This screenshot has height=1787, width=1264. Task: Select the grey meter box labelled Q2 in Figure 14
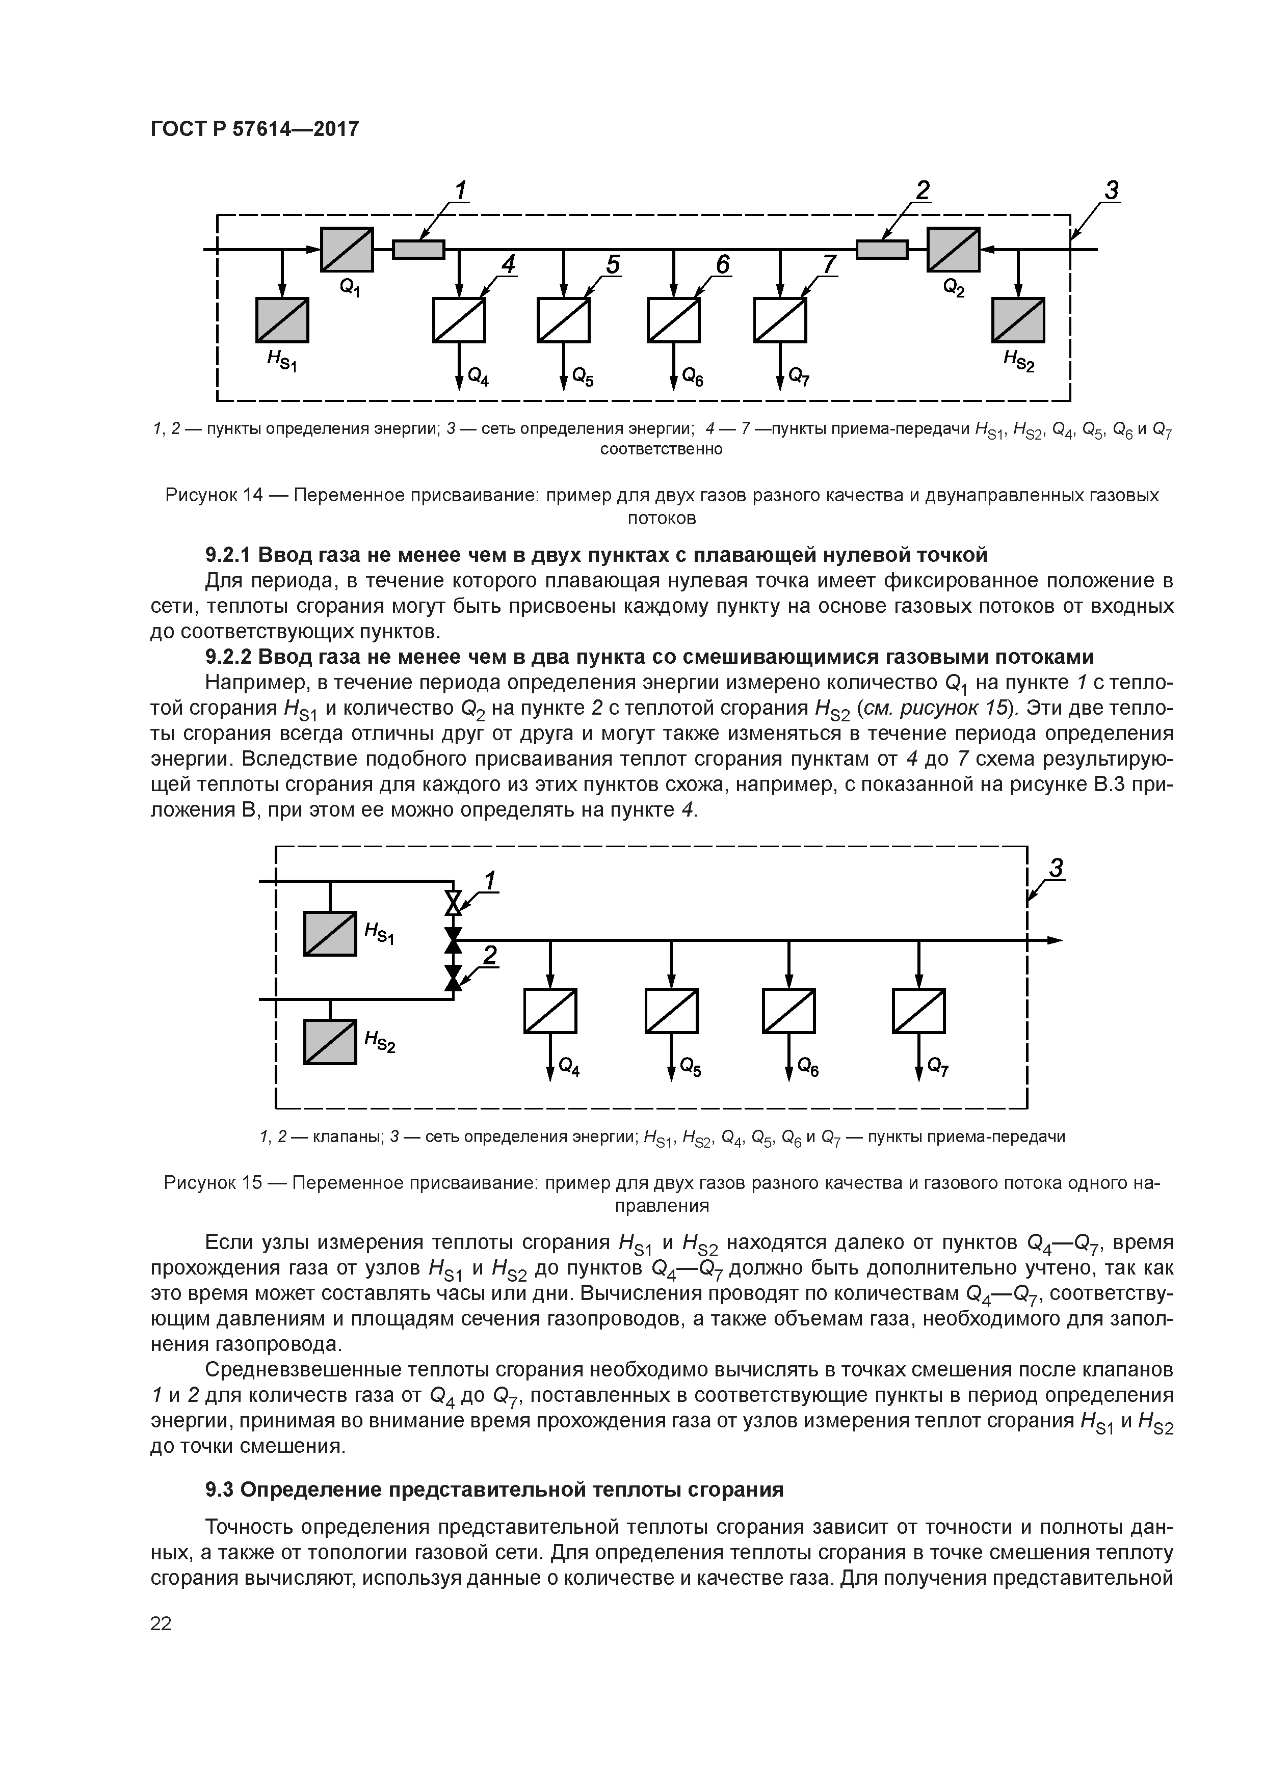coord(953,249)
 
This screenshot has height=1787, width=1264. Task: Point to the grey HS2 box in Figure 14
coord(1018,320)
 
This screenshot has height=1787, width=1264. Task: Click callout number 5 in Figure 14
coord(613,265)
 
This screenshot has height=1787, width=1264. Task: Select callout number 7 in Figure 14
coord(829,265)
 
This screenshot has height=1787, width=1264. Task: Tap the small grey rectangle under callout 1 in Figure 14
coord(418,249)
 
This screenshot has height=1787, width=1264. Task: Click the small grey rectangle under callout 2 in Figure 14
coord(882,249)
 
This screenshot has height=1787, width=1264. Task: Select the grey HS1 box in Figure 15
coord(330,933)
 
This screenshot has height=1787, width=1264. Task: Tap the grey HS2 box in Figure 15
coord(330,1041)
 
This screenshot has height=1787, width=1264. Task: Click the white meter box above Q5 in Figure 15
coord(671,1011)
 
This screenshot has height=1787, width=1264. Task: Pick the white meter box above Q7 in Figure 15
coord(919,1011)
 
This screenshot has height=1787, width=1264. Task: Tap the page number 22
coord(161,1623)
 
